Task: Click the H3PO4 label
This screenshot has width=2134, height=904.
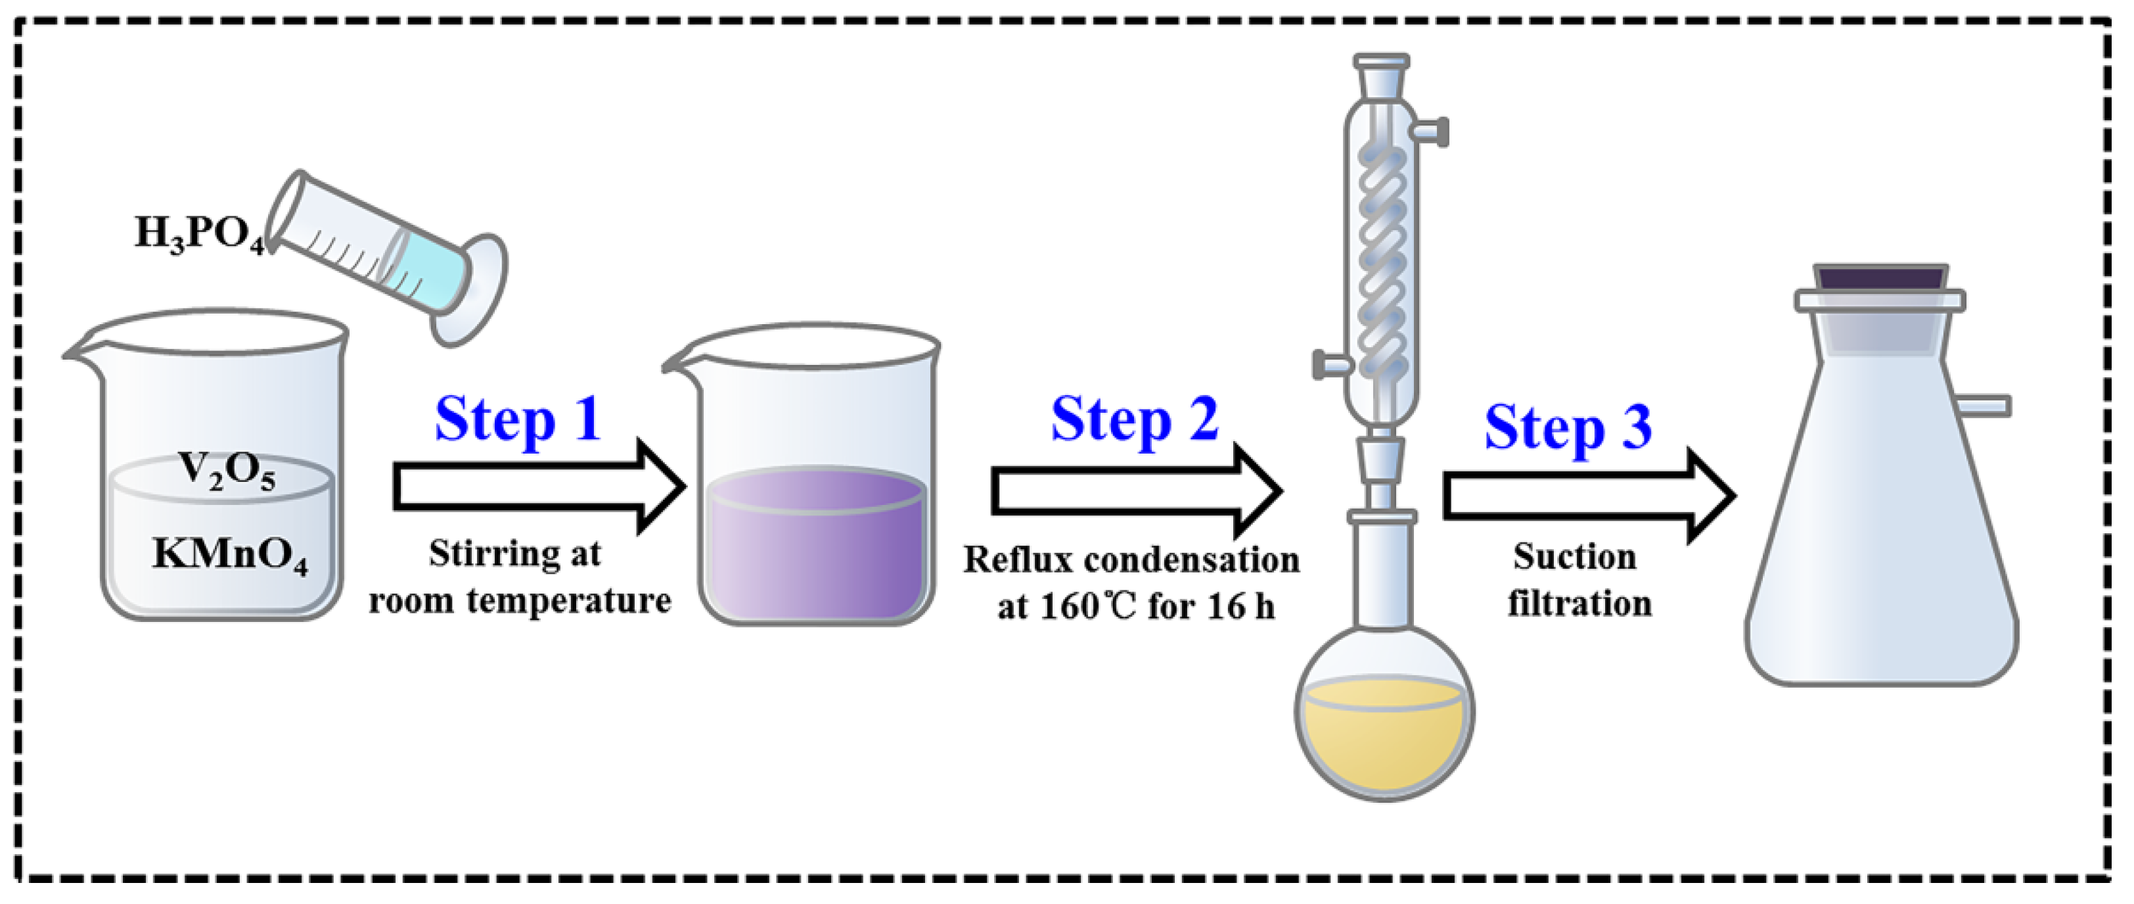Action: pos(199,233)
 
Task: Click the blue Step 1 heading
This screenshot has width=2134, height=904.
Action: pos(517,420)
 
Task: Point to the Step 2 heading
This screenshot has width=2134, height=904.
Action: pos(1134,420)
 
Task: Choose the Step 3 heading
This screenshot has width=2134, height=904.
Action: pos(1568,429)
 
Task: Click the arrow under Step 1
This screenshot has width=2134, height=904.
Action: pos(539,487)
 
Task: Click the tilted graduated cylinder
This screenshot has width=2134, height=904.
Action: pos(390,257)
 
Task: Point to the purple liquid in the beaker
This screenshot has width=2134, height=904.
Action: pos(816,547)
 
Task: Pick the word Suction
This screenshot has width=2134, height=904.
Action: pos(1574,557)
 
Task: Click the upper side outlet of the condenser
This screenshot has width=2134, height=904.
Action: pos(1431,131)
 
